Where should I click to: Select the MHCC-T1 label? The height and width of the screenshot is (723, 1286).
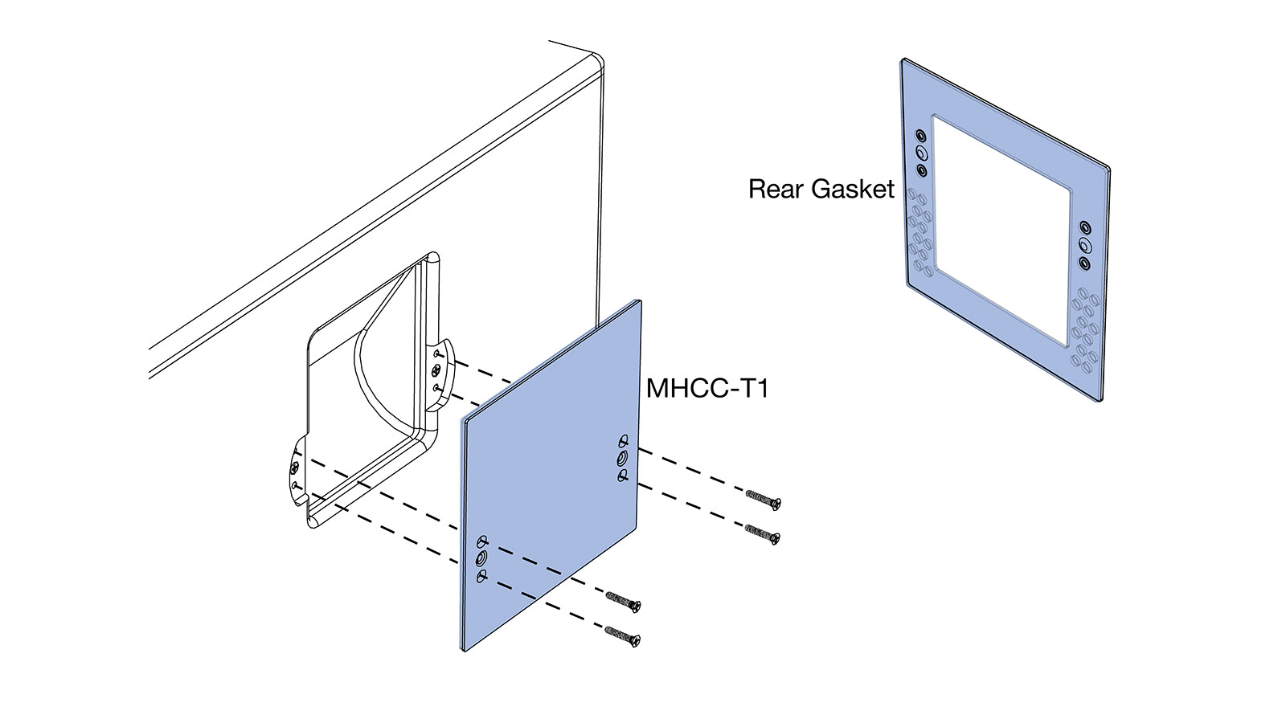708,389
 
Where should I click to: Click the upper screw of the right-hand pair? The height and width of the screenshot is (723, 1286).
764,500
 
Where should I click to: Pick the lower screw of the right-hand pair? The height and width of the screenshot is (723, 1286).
763,534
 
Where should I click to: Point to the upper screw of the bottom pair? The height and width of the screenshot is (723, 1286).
623,601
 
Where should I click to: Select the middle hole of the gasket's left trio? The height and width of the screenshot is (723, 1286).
921,153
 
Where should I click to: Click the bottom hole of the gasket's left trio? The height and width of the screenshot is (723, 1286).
922,170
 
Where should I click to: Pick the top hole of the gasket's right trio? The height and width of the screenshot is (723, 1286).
1084,227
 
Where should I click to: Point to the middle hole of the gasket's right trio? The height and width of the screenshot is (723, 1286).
1084,245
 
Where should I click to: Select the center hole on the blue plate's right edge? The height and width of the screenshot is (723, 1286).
623,459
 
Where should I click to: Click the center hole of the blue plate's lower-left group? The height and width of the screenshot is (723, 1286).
481,558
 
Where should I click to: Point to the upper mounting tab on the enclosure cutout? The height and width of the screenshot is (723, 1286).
440,370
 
